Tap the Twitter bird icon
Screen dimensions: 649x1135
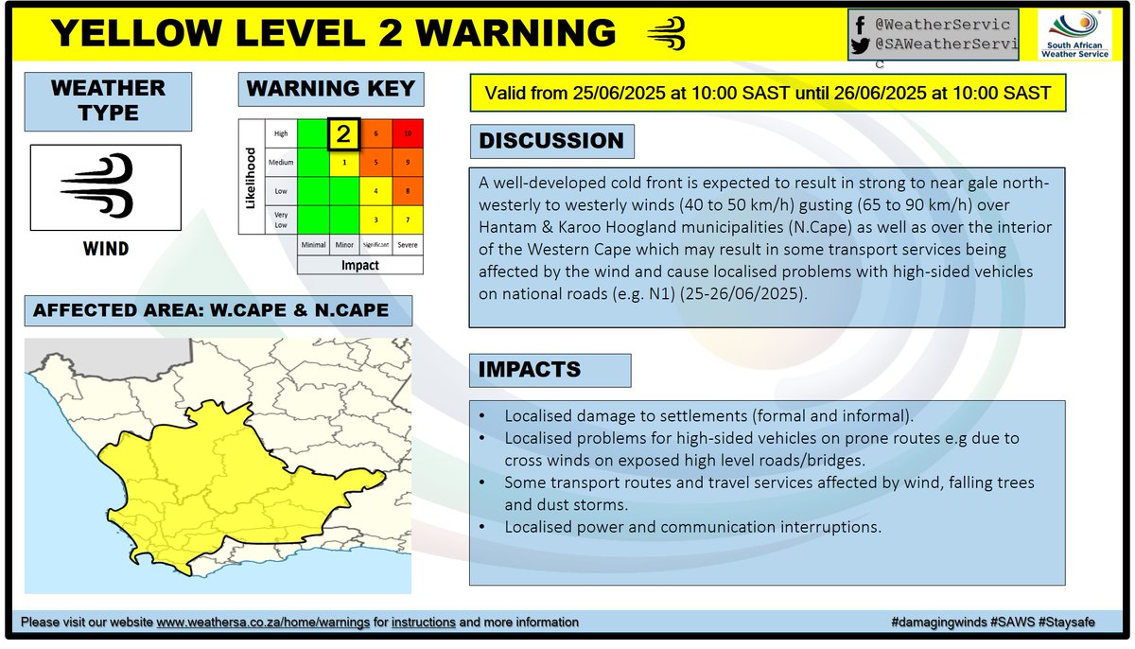pos(859,45)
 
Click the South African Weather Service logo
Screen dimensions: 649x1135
pos(1080,35)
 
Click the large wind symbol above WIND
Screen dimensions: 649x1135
pos(106,186)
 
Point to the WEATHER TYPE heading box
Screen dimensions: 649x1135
pos(108,101)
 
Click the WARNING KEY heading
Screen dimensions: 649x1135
pos(330,90)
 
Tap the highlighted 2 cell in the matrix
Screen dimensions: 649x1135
pos(344,134)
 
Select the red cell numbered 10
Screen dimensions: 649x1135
pos(407,134)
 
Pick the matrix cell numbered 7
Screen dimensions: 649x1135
pos(407,220)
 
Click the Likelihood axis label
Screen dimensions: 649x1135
pos(251,178)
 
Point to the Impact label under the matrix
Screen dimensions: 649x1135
pos(359,266)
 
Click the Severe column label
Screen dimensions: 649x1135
pos(407,244)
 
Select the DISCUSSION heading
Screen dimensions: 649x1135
pos(551,142)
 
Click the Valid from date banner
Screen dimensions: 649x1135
pos(766,95)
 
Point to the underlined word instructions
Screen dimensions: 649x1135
pos(423,623)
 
